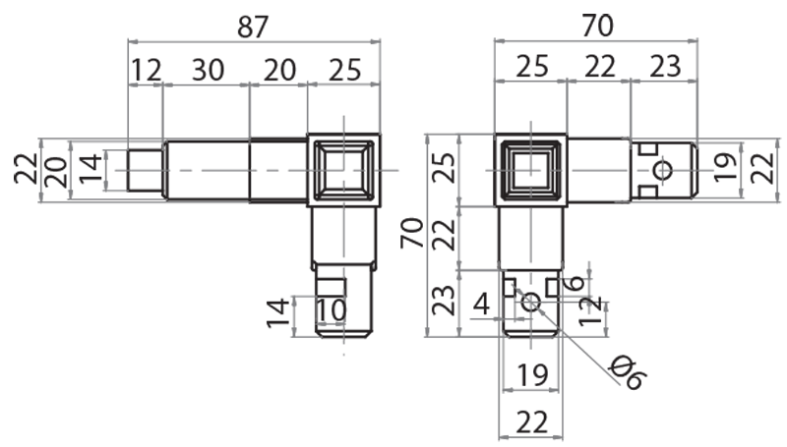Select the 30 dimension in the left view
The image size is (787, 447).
207,70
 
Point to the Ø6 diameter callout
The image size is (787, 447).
626,372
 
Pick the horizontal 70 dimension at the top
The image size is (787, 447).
596,26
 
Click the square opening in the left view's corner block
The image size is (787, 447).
343,169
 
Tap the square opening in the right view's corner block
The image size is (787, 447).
531,170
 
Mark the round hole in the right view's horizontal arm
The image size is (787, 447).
663,171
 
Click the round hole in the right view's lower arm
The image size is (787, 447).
530,303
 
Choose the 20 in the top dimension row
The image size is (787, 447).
278,70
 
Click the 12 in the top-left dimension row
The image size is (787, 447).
145,70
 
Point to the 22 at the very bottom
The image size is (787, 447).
530,422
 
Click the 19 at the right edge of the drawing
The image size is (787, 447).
725,169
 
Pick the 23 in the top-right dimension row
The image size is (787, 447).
664,68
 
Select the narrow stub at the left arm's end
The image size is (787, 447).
147,170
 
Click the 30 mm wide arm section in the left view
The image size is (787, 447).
207,170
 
